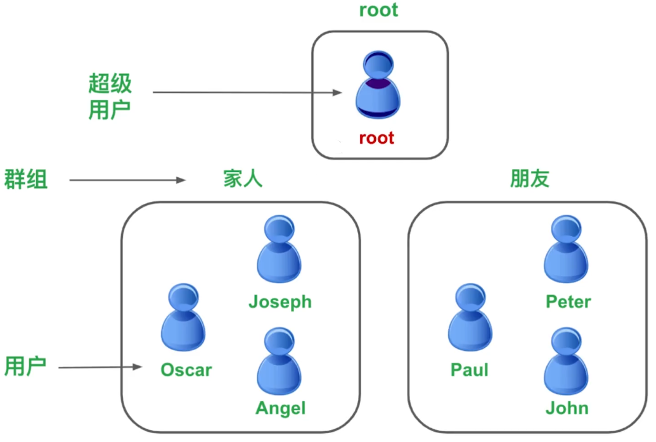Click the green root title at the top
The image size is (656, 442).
coord(378,10)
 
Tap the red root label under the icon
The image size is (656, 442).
coord(376,137)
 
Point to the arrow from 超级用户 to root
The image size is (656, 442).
coord(247,92)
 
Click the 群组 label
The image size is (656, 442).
coord(27,179)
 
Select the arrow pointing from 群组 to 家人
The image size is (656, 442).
coord(127,180)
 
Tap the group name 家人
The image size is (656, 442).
coord(242,179)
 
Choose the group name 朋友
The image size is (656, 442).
coord(529,179)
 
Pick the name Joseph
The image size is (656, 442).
coord(280,301)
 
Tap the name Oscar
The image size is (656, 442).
coord(186,370)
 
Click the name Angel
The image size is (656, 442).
coord(281,408)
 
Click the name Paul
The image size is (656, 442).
coord(470,370)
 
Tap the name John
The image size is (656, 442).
coord(567,408)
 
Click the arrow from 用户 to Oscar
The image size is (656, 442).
coord(100,367)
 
